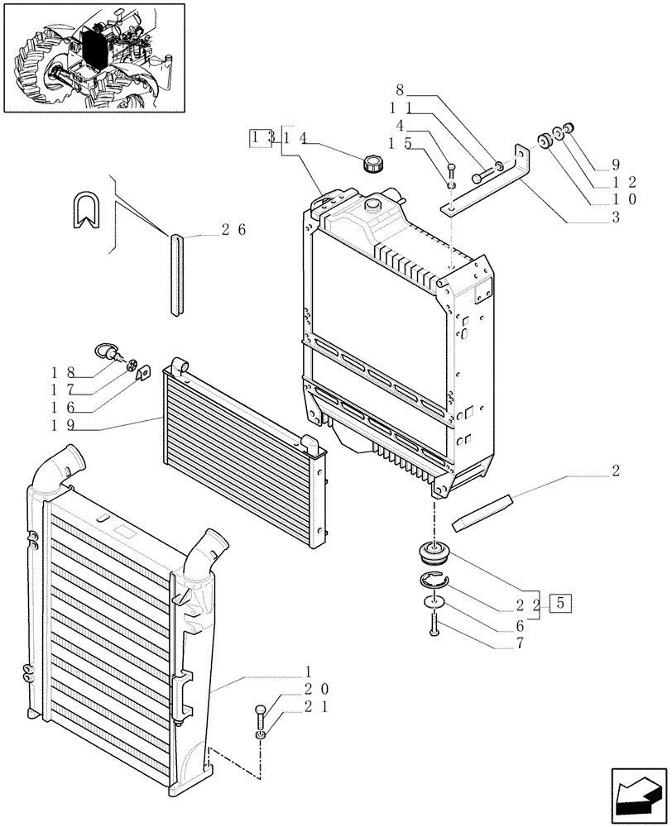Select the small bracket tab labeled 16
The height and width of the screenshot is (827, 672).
[x=142, y=374]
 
